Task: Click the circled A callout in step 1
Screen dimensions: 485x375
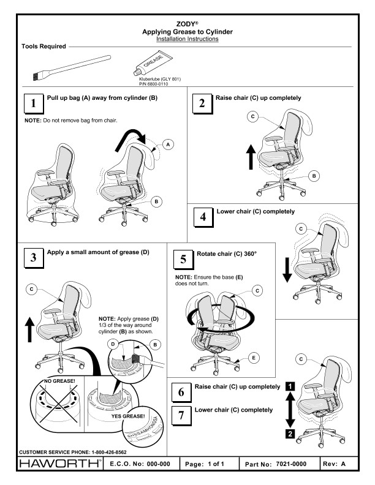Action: click(168, 145)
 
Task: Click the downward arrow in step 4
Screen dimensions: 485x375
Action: click(286, 269)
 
